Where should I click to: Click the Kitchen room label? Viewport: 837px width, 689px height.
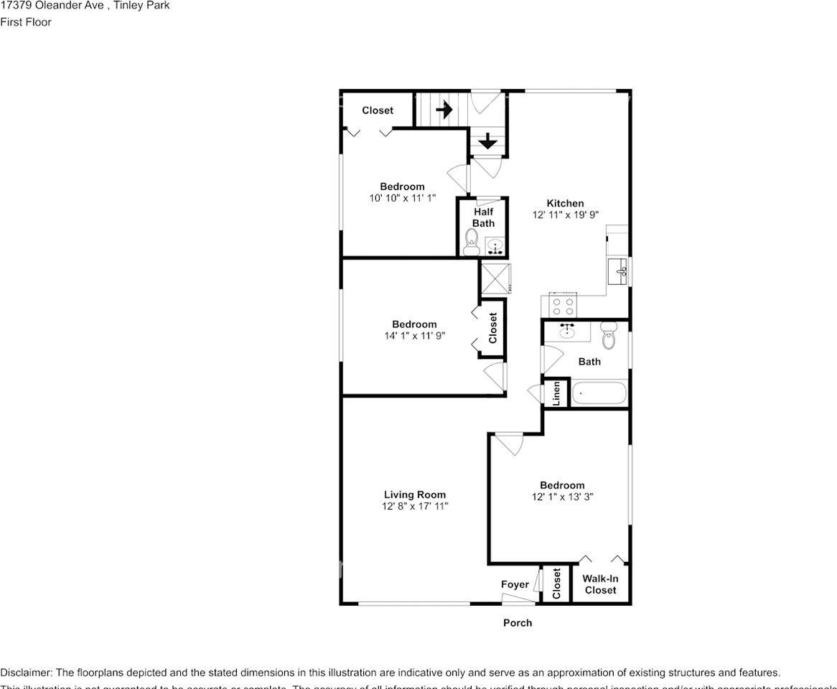click(x=565, y=203)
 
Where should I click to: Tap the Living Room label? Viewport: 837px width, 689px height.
click(x=414, y=495)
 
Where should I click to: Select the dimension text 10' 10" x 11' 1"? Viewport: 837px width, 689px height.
click(x=402, y=198)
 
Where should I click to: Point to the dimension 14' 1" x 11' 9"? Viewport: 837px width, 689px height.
click(x=414, y=335)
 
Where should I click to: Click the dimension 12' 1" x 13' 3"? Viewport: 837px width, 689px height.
click(x=562, y=497)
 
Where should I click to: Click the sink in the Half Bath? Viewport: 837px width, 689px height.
click(x=495, y=247)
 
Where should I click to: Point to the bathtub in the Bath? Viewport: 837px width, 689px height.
click(x=599, y=394)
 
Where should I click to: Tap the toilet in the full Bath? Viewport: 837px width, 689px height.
click(x=609, y=336)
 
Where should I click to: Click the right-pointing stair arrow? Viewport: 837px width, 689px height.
click(x=444, y=110)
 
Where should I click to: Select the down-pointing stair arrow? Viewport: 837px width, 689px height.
click(x=487, y=141)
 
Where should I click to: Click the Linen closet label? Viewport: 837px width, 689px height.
click(x=556, y=394)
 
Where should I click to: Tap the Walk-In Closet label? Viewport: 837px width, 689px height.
click(x=600, y=584)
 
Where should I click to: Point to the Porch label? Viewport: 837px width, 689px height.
click(x=517, y=623)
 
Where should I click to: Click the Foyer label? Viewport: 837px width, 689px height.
click(x=515, y=585)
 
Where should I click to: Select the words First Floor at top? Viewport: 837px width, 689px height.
click(x=26, y=22)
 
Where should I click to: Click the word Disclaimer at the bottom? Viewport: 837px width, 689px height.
click(x=25, y=672)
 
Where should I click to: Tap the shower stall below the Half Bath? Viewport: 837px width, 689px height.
click(x=495, y=279)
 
